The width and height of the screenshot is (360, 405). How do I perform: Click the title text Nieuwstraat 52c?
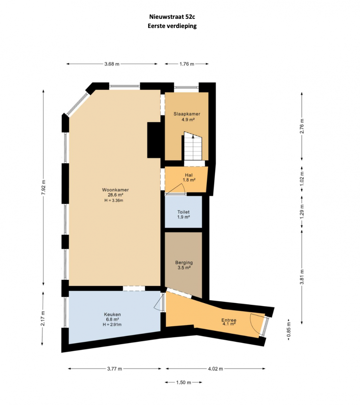coord(172,17)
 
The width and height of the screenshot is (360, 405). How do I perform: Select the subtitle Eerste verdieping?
coord(172,26)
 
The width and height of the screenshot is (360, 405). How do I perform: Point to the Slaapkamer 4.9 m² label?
coord(187,117)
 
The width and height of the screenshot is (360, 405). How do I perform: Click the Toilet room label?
coord(183,212)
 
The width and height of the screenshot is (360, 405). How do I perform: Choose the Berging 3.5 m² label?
coord(184,265)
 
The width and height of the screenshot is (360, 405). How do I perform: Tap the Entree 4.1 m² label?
coord(229,322)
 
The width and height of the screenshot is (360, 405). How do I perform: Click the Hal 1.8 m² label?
coord(189,178)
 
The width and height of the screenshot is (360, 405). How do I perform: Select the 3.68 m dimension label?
coord(112,64)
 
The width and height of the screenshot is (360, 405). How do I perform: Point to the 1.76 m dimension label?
coord(187,64)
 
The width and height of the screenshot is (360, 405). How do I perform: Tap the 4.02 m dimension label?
coord(216,369)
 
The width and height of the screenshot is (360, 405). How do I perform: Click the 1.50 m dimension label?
coord(184,382)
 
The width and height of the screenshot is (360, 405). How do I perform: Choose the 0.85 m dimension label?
coord(288,332)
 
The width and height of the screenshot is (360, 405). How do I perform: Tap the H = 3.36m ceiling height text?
coord(114,200)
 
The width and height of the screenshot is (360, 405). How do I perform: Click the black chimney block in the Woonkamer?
coord(154,140)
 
